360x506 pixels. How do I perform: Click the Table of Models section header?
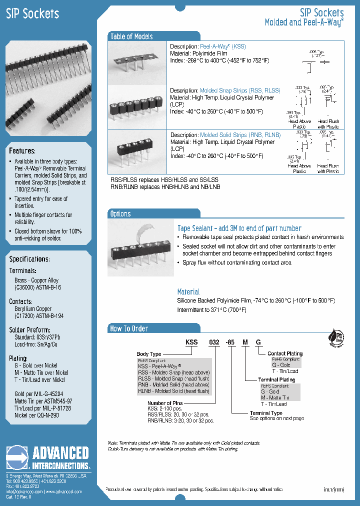click(131, 36)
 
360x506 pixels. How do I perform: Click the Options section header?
click(120, 214)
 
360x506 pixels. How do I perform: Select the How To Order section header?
click(129, 328)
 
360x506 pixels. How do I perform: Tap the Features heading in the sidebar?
click(22, 151)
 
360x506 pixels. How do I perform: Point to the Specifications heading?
click(29, 259)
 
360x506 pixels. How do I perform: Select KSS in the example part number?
click(192, 342)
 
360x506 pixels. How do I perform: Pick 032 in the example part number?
click(214, 342)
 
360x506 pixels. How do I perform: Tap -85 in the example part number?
click(230, 342)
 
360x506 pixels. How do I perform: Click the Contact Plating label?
click(285, 353)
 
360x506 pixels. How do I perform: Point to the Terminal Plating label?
click(276, 380)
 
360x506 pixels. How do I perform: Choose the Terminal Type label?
click(266, 413)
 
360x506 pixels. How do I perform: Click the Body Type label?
click(149, 354)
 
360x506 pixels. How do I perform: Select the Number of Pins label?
click(165, 402)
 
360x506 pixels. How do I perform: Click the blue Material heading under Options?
click(188, 291)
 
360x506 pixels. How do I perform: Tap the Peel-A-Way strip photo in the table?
click(137, 60)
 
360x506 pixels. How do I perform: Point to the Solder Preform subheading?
click(29, 330)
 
